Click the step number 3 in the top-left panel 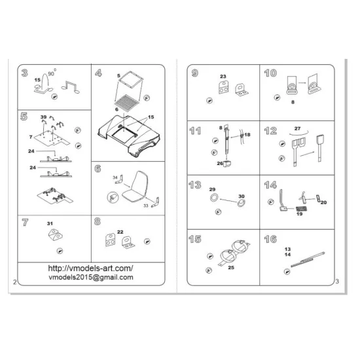tap(24, 73)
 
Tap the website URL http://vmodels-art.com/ tap(91, 268)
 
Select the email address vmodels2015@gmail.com tap(91, 278)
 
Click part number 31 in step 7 tap(49, 224)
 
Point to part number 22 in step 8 tap(120, 232)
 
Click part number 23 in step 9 tap(223, 77)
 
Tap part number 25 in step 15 tap(229, 266)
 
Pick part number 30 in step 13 tap(241, 196)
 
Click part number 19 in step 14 tap(298, 214)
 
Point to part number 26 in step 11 tap(219, 163)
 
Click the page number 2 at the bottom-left tap(14, 282)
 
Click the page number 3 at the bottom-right tap(335, 282)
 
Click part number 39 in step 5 tap(43, 117)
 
